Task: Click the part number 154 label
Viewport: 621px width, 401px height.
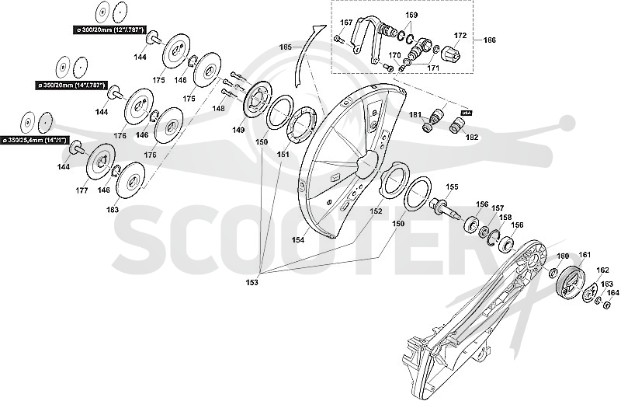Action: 298,239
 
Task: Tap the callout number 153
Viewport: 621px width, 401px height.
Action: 252,282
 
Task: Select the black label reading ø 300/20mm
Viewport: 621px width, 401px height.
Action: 109,30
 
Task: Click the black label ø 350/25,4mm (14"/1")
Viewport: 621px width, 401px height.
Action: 35,140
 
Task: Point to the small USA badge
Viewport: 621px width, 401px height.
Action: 467,113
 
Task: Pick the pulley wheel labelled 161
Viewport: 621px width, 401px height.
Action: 571,281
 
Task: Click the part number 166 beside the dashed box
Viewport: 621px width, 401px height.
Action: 490,40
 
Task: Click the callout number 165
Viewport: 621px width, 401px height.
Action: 285,47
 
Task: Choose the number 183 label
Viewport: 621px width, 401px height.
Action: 113,209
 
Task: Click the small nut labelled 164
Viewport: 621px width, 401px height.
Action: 605,305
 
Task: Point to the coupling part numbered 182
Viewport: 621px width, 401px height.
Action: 456,126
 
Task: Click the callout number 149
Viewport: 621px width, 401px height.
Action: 238,130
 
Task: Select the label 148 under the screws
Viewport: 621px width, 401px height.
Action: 218,108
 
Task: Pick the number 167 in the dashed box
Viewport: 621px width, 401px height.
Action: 346,23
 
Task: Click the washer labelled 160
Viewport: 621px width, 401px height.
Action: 553,274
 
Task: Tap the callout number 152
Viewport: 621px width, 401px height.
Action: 376,211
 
